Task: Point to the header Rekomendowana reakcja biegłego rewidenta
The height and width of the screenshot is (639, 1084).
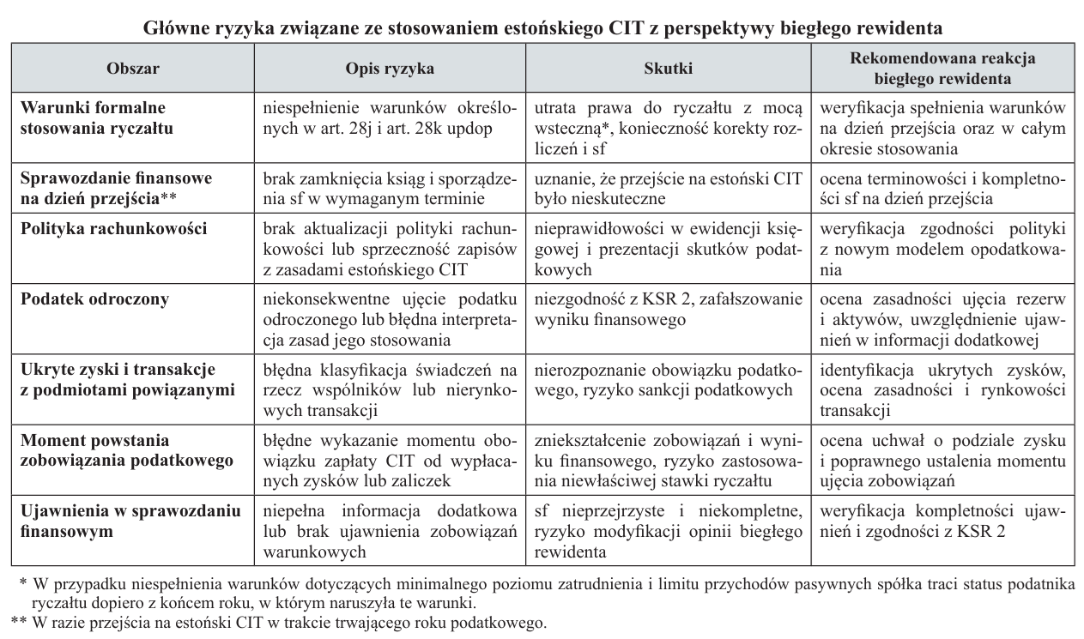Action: click(942, 68)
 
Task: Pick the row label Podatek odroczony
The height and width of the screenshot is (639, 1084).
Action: click(94, 298)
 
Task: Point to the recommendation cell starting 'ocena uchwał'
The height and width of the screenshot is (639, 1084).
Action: click(942, 451)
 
